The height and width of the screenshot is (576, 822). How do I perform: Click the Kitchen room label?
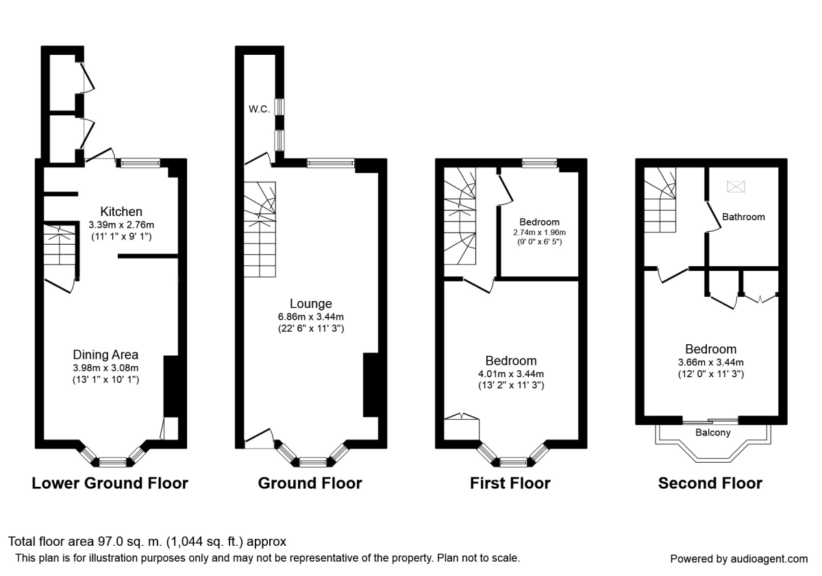(121, 211)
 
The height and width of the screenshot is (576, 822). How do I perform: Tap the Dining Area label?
(105, 355)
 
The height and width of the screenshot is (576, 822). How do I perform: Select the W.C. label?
(259, 108)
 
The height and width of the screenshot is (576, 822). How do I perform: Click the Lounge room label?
(310, 304)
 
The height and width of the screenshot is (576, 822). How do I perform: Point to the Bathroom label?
(744, 217)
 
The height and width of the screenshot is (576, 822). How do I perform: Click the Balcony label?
(712, 433)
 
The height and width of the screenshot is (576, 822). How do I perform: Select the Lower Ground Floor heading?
(110, 483)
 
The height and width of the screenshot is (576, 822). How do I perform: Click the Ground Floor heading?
(310, 483)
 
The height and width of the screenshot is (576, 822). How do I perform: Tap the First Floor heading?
(510, 483)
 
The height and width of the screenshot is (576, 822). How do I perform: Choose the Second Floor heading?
(710, 483)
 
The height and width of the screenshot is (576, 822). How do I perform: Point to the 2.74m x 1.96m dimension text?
(539, 232)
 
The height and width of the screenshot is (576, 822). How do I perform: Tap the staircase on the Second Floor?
(660, 199)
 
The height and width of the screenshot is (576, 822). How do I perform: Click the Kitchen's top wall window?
(140, 163)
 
